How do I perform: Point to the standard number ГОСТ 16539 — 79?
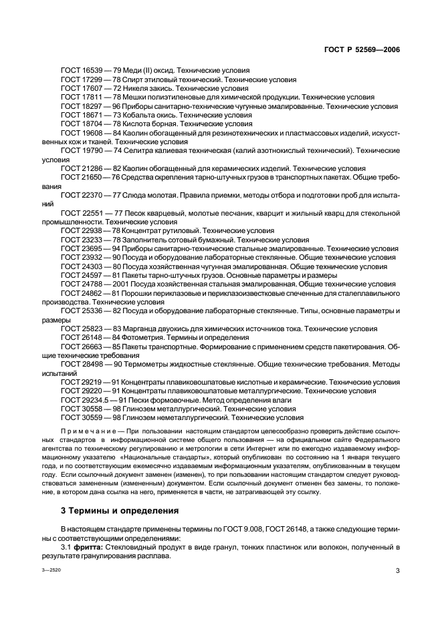click(91, 70)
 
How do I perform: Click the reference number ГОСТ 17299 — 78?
click(91, 79)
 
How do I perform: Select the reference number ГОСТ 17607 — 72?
click(91, 88)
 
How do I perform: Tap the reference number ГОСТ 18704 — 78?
click(91, 124)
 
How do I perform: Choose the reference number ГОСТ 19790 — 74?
click(91, 151)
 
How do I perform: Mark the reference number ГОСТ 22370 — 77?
click(91, 196)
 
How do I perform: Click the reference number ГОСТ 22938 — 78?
click(91, 230)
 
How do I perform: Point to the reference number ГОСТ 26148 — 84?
click(91, 338)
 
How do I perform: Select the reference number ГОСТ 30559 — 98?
click(91, 417)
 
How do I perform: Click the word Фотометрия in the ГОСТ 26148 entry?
click(142, 338)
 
